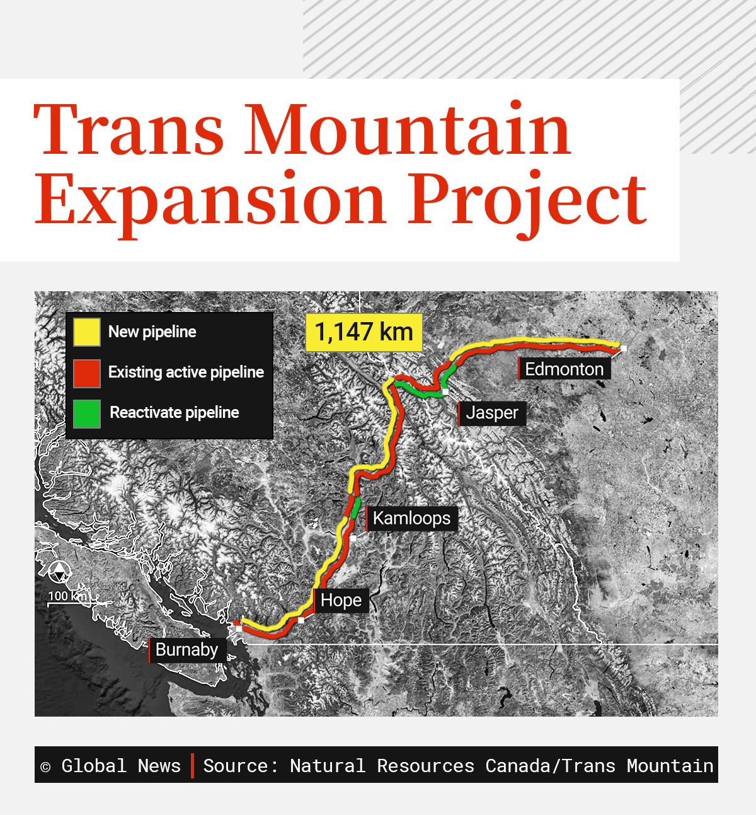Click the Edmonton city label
(564, 369)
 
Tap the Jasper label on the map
(492, 413)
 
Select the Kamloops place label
(411, 518)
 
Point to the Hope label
(341, 600)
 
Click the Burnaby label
(186, 650)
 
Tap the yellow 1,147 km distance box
(364, 332)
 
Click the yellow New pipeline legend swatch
(87, 332)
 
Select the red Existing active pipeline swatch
(87, 373)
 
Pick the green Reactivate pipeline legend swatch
(87, 413)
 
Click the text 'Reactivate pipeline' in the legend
(175, 413)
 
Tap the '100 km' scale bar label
(67, 596)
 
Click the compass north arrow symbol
(59, 572)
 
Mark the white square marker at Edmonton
(623, 348)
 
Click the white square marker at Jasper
(445, 392)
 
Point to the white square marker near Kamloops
(353, 538)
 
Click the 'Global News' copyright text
(121, 766)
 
